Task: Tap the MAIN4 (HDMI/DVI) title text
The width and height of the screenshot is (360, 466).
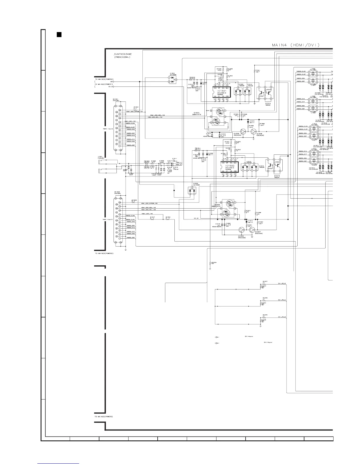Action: [x=296, y=45]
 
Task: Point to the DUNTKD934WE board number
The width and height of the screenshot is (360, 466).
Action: [x=123, y=54]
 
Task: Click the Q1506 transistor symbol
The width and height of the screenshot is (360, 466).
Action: [x=243, y=131]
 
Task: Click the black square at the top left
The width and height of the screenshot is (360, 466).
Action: [x=59, y=35]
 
